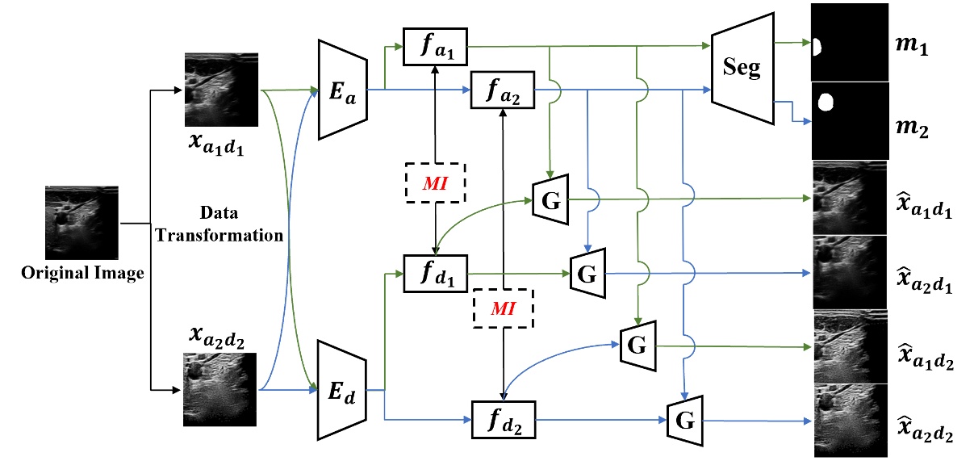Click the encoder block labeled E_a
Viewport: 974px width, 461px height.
tap(344, 89)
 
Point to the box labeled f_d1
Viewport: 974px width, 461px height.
tap(435, 274)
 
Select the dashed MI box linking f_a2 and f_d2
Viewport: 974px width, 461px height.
tap(503, 308)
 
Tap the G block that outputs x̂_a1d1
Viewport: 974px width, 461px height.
tap(551, 198)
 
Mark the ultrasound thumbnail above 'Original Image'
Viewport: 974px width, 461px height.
tap(81, 224)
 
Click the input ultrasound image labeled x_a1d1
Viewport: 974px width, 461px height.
tap(220, 89)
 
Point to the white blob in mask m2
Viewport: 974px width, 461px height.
tap(825, 103)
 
